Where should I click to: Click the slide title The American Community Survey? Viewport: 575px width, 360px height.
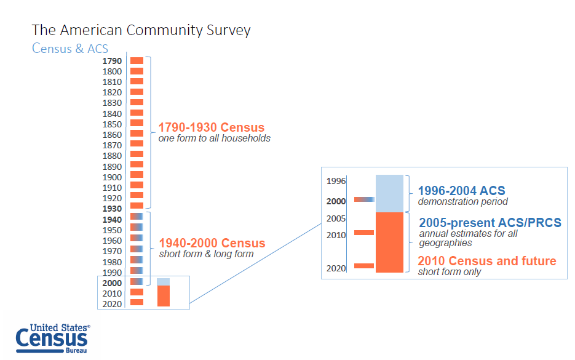[141, 30]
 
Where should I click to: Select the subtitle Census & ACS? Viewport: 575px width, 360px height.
[70, 48]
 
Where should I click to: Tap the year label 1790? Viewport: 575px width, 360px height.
[112, 61]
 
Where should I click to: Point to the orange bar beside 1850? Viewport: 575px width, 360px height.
[137, 123]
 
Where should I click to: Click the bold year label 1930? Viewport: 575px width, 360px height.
[112, 209]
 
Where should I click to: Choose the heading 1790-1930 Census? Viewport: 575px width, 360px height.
[212, 128]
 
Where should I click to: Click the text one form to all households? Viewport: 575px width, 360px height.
[214, 138]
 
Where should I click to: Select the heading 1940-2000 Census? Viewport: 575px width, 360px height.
[212, 243]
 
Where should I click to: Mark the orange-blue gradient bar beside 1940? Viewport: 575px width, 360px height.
[137, 217]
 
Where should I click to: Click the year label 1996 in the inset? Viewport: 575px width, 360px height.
[336, 181]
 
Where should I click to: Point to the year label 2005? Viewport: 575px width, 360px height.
[336, 218]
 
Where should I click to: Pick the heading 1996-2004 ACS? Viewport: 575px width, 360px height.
[461, 191]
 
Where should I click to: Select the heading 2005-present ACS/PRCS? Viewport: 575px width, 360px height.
[490, 222]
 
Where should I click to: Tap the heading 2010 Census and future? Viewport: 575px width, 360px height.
[486, 261]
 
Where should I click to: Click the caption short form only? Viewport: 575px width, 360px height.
[450, 271]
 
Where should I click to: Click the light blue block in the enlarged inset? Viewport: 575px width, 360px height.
[389, 193]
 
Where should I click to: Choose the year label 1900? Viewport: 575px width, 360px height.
[112, 177]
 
